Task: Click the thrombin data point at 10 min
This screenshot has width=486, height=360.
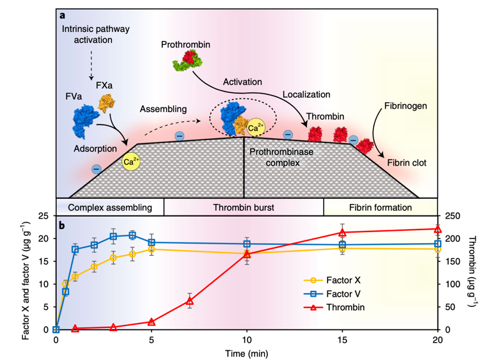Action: [247, 254]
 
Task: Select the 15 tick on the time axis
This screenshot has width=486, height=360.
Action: [342, 340]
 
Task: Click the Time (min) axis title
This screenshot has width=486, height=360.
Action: [247, 352]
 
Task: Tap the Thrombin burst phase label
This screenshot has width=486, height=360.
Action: [244, 208]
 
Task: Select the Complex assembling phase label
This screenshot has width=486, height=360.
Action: [110, 208]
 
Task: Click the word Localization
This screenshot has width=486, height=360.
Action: [308, 95]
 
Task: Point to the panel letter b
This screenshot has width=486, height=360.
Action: [62, 224]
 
